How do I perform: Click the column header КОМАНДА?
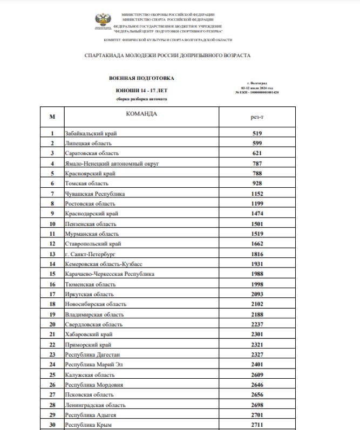point(141,114)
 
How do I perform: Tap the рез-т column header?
point(257,117)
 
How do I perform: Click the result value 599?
point(257,143)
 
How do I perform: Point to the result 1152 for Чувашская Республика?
point(257,194)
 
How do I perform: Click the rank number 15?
point(52,274)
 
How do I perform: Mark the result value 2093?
point(257,294)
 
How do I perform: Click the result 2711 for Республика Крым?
point(257,425)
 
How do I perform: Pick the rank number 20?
point(52,324)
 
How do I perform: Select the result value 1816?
point(257,254)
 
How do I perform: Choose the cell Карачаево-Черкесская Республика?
point(110,274)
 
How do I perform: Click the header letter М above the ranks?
point(52,117)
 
